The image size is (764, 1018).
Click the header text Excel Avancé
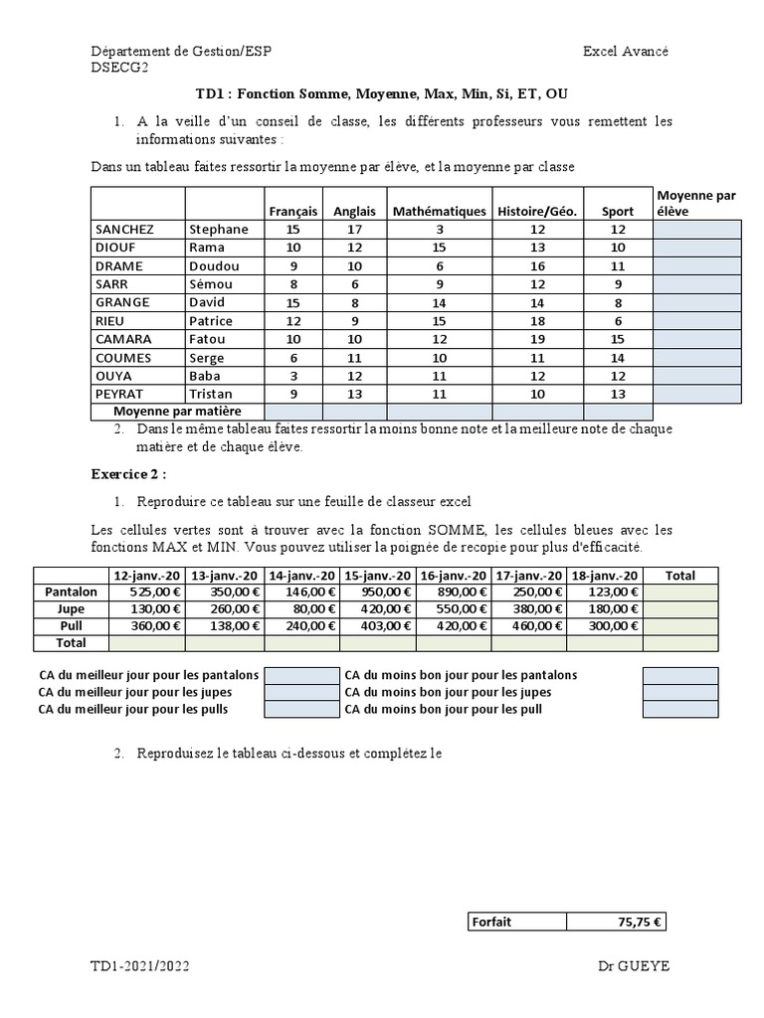point(626,52)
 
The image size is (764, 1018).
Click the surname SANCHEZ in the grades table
point(124,229)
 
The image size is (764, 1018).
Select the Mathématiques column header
point(439,212)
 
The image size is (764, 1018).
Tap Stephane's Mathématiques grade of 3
point(439,229)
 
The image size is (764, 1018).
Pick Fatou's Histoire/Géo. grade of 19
point(537,339)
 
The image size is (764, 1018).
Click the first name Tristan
point(210,394)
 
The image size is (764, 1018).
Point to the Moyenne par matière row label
point(177,411)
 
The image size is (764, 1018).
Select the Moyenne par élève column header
point(696,203)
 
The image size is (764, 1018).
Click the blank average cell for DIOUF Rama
point(697,248)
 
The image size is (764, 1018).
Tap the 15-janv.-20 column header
point(377,575)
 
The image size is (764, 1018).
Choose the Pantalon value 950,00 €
point(377,592)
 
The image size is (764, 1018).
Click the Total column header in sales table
point(679,575)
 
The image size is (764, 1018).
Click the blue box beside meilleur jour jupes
point(301,692)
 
